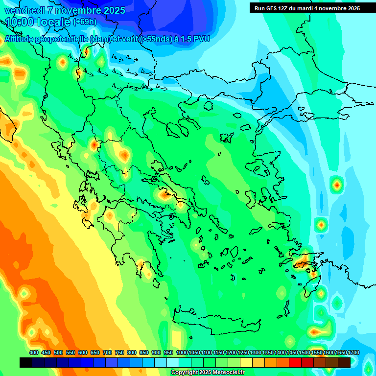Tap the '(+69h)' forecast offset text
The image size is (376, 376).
(x=85, y=22)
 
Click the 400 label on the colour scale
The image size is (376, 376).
(x=34, y=352)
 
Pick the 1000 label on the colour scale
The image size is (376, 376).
(x=182, y=352)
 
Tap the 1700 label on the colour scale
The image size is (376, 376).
(x=341, y=352)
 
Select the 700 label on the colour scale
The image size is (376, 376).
(x=107, y=352)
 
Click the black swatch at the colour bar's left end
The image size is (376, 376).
(x=26, y=362)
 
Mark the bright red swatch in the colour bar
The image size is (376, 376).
(x=295, y=362)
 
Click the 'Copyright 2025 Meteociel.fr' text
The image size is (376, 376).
(x=208, y=372)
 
